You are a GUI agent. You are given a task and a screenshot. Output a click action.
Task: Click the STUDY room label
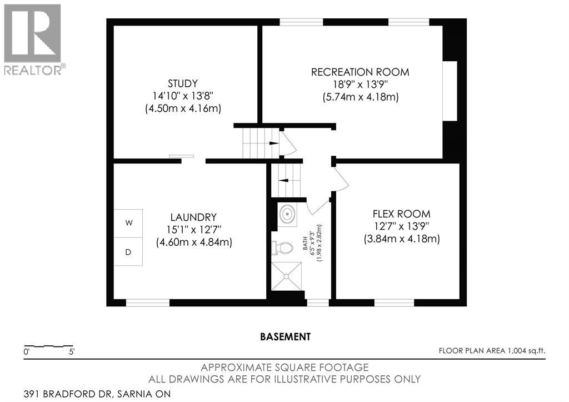(183, 84)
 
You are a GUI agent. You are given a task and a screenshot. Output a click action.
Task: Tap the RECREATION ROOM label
(360, 72)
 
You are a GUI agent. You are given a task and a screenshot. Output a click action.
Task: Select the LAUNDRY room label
(194, 217)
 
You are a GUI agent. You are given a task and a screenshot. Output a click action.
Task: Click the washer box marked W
(129, 223)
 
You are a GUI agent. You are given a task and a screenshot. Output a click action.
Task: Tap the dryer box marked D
(128, 252)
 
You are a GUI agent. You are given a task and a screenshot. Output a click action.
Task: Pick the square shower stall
(287, 276)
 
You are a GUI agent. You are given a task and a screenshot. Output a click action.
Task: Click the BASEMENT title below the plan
(285, 336)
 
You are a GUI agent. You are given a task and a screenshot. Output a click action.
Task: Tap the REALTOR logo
(33, 39)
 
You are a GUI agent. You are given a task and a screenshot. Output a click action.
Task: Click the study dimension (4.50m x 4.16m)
(183, 109)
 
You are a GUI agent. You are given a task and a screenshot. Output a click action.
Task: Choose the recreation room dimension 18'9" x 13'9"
(360, 85)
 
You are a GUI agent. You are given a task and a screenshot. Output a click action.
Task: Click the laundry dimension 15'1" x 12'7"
(194, 230)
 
